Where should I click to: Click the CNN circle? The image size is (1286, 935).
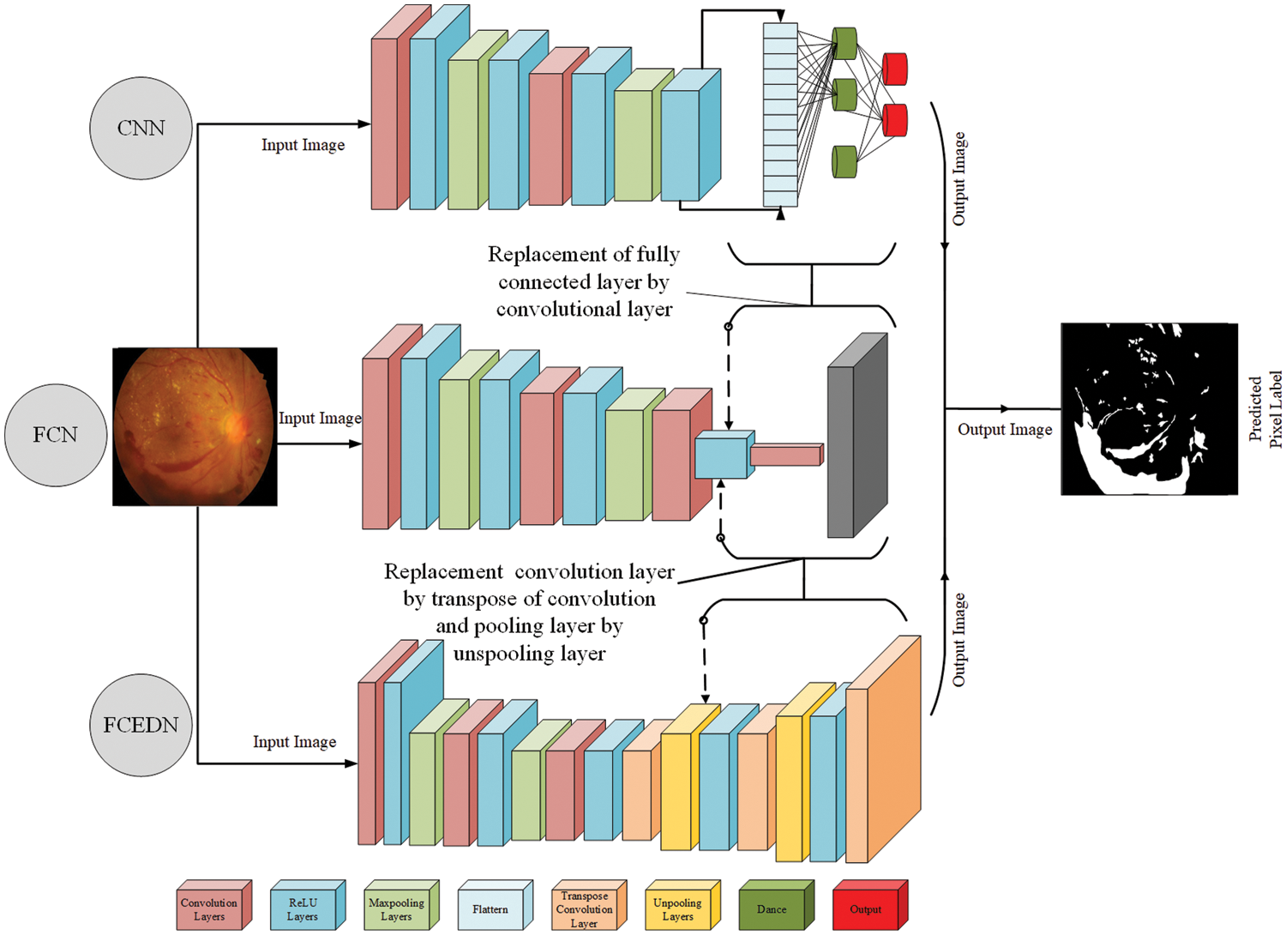point(141,129)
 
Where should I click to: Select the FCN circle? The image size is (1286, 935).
point(56,435)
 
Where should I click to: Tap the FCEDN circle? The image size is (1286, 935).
point(141,725)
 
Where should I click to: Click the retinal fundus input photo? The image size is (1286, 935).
point(195,426)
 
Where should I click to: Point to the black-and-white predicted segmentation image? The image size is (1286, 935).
point(1149,409)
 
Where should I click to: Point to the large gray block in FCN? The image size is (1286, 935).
point(856,437)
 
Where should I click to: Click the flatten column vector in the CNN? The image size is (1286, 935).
point(780,115)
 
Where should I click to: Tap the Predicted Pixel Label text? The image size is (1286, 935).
point(1265,410)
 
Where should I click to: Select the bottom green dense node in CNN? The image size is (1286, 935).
point(844,162)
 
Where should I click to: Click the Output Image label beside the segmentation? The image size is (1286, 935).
point(1005,430)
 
